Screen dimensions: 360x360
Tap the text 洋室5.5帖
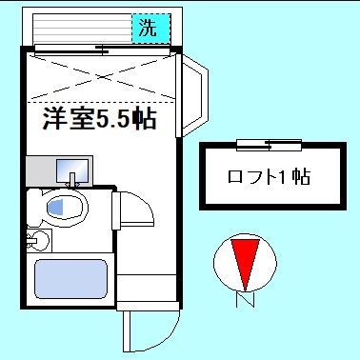[x=99, y=121]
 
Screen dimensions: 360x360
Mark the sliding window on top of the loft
[x=269, y=145]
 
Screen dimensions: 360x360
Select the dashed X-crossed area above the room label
[x=101, y=76]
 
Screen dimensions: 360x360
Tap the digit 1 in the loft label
[x=281, y=177]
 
